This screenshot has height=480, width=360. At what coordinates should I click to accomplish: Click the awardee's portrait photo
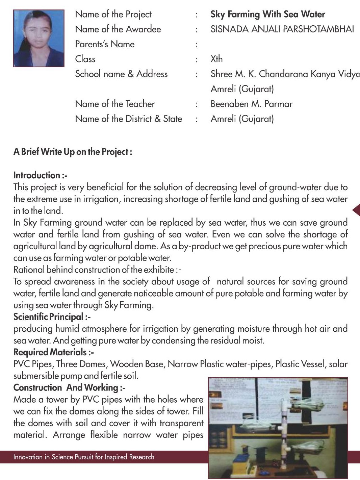click(x=38, y=38)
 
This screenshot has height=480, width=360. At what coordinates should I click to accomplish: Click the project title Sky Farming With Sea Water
click(x=267, y=14)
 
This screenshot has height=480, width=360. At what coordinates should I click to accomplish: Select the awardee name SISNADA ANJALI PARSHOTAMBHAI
click(x=282, y=29)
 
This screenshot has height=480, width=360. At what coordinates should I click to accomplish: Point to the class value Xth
click(x=216, y=59)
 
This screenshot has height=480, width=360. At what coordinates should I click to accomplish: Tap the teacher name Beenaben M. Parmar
click(x=251, y=104)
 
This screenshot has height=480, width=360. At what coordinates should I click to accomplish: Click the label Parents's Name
click(x=105, y=44)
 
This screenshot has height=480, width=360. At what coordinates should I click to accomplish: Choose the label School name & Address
click(x=121, y=74)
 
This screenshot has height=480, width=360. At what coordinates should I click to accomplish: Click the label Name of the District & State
click(x=128, y=119)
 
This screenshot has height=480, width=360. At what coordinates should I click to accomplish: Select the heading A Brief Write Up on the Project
click(x=73, y=152)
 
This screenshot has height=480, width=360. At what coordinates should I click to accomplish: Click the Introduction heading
click(x=40, y=175)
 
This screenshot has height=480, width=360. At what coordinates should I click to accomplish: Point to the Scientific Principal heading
click(x=52, y=317)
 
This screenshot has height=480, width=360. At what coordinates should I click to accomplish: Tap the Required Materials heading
click(x=53, y=352)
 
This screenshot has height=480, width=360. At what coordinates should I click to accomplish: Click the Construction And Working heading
click(x=69, y=387)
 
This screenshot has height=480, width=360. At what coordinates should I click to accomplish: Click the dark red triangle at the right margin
click(x=356, y=210)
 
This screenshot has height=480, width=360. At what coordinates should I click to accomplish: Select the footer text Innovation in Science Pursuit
click(x=84, y=457)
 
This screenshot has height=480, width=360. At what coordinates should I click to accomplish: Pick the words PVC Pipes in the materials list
click(x=32, y=364)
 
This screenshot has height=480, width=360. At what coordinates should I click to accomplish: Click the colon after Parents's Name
click(x=197, y=45)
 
